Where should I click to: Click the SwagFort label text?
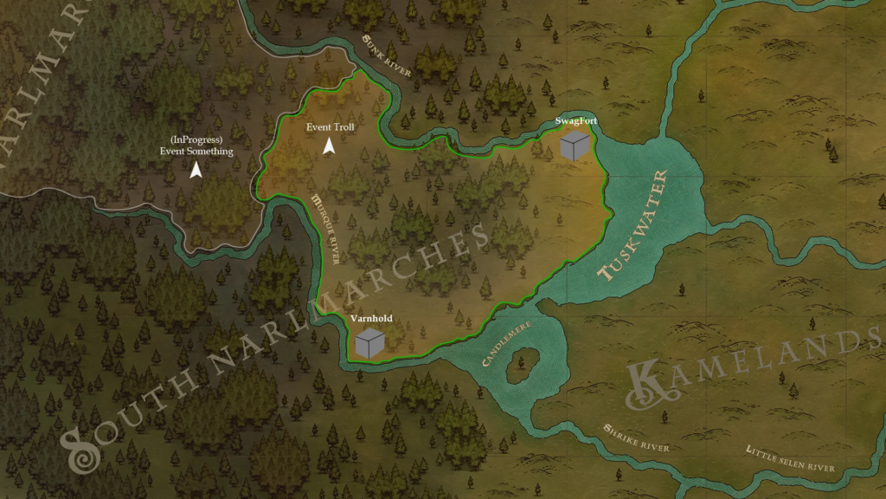(575, 120)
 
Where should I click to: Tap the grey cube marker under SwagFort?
(575, 146)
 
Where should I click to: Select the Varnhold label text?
(371, 318)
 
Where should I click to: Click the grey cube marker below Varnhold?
(369, 343)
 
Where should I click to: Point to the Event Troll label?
(331, 127)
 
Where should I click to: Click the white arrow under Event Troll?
(329, 147)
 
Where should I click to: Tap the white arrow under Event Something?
(196, 171)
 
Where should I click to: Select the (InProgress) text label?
(196, 140)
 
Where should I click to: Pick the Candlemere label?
(506, 343)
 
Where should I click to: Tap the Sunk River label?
(387, 57)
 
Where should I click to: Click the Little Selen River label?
(789, 458)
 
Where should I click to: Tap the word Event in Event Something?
(176, 152)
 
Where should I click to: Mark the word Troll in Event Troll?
(343, 127)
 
